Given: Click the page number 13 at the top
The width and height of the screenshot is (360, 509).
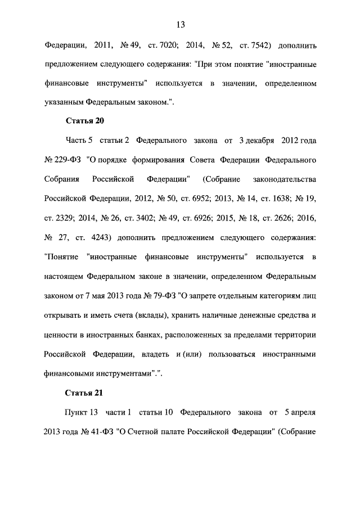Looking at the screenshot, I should [180, 25].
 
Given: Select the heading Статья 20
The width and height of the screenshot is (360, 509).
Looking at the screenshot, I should [85, 121].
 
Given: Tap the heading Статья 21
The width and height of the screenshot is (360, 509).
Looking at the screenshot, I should [85, 392].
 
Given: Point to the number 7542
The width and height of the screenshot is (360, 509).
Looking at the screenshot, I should [251, 44].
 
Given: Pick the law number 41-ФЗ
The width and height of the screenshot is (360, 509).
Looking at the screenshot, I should [98, 432].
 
